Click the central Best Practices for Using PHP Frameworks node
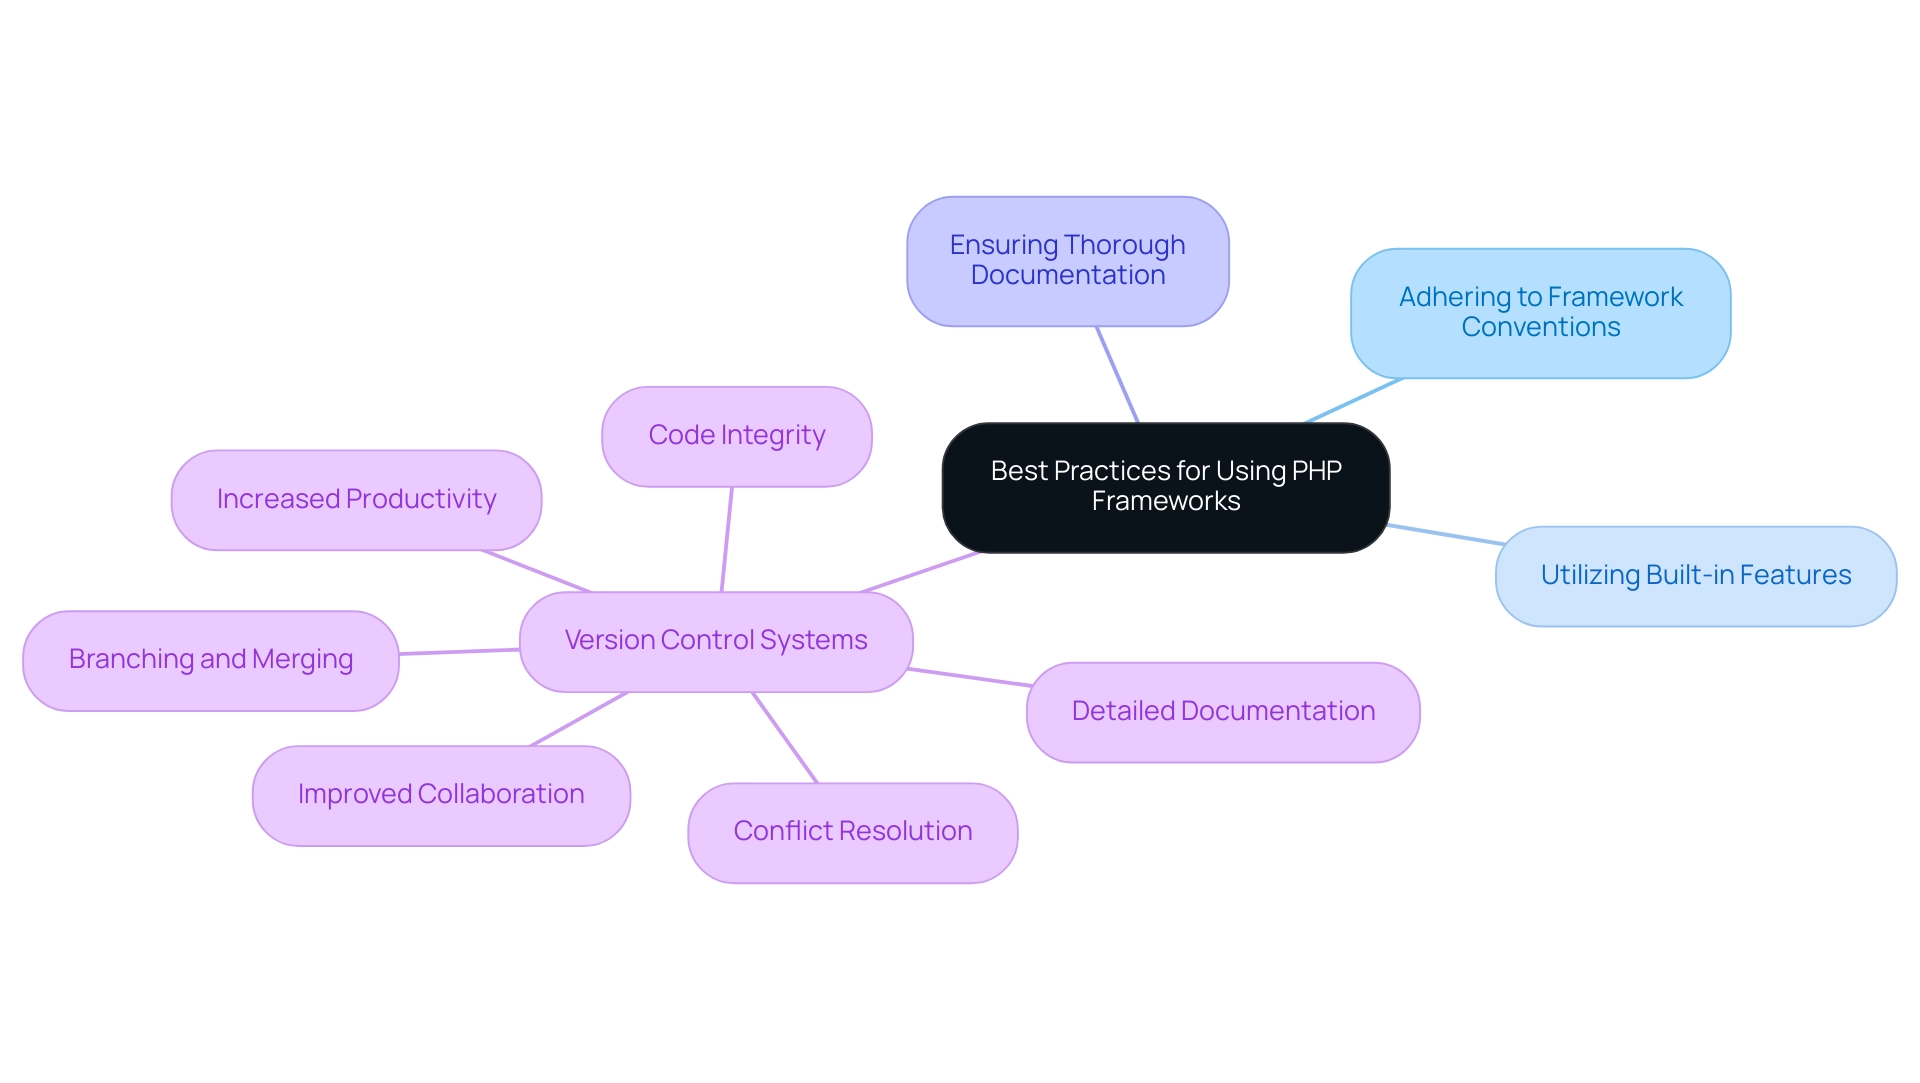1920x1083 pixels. tap(1165, 487)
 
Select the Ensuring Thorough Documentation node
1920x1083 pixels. tap(1067, 261)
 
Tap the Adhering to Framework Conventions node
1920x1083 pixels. tap(1540, 313)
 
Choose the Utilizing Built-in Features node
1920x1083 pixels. tap(1695, 576)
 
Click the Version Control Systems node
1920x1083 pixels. tap(716, 641)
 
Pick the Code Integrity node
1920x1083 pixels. tap(736, 436)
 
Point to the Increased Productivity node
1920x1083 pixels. tap(356, 499)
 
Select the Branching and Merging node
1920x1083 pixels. tap(210, 660)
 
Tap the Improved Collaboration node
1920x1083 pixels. tap(440, 795)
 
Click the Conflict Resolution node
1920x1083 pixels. tap(852, 832)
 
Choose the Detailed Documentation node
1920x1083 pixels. tap(1222, 712)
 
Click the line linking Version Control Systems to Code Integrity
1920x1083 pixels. tap(727, 539)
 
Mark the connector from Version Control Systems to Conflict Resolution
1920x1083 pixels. tap(785, 738)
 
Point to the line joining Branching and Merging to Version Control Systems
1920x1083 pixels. tap(459, 652)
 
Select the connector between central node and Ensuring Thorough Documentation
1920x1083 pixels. tap(1117, 374)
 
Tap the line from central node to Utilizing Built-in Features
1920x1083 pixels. tap(1445, 534)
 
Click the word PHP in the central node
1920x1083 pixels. tap(1316, 471)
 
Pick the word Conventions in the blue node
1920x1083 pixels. tap(1540, 328)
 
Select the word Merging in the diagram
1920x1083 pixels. tap(302, 660)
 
